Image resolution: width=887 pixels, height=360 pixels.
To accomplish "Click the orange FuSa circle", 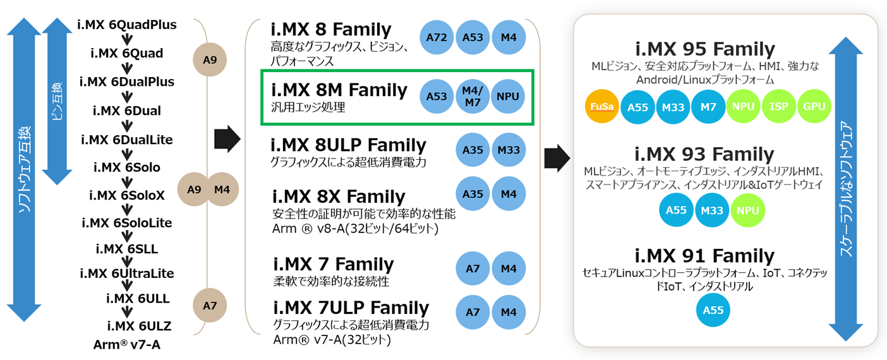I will coord(601,107).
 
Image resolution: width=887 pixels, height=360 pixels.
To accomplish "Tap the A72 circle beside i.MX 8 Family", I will coord(437,37).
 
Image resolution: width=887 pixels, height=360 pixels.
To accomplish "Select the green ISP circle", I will coord(778,107).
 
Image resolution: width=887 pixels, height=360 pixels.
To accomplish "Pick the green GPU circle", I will coord(814,107).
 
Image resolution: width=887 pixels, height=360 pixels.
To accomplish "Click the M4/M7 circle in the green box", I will coord(473,97).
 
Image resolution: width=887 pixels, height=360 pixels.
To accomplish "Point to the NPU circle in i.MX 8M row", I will coord(508,97).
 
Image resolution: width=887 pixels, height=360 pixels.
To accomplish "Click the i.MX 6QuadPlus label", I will coord(127,25).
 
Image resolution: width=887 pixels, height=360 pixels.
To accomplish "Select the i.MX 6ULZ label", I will coord(140,326).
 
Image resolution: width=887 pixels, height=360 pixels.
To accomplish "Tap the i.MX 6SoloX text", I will coord(127,195).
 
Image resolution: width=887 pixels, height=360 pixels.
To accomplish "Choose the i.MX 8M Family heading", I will coord(339,90).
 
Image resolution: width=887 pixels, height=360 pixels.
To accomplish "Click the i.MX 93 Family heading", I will coord(704,154).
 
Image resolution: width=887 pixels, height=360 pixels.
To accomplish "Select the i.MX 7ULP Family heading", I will coord(351,308).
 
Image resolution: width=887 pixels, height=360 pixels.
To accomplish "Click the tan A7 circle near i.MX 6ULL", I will coord(210,306).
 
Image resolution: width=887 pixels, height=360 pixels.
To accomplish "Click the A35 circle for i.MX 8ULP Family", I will coord(473,150).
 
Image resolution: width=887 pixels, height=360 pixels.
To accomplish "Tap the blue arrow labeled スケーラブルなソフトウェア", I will coord(845,189).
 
